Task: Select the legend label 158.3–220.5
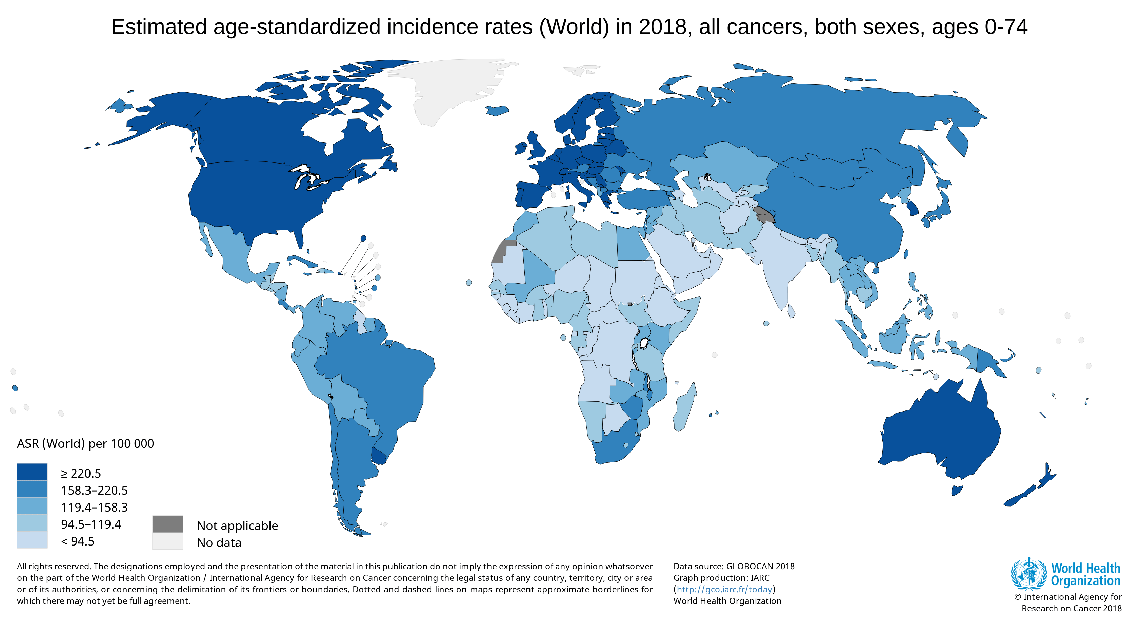[x=94, y=490]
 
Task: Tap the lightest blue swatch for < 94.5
[x=32, y=540]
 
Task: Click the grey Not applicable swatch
[x=167, y=524]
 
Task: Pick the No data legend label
[x=219, y=542]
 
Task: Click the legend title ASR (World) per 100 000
[x=85, y=443]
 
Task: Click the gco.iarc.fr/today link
[x=724, y=589]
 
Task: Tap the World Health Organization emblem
[x=1028, y=574]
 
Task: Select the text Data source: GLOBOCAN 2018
[x=734, y=567]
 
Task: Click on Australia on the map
[x=942, y=434]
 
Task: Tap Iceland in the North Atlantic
[x=497, y=110]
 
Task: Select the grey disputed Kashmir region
[x=764, y=214]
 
